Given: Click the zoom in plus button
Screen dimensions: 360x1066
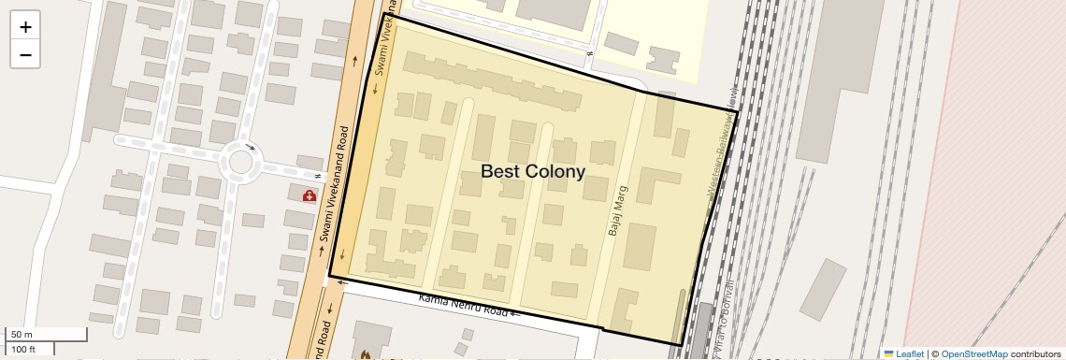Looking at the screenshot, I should point(25,27).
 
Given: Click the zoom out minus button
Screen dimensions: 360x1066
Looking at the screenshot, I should point(25,55).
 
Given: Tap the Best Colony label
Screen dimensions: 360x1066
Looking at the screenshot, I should point(532,171).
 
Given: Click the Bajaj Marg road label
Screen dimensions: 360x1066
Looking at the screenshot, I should point(617,210).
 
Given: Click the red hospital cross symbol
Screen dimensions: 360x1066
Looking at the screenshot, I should point(309,195).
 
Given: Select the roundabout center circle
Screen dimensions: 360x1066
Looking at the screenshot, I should point(240,162).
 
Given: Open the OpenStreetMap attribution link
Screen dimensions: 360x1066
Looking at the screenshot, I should point(973,353).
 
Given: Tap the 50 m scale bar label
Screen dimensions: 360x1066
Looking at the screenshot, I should point(21,335).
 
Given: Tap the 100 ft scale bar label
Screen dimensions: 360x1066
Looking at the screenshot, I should point(23,349).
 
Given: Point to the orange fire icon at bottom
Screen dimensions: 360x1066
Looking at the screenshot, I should point(367,355).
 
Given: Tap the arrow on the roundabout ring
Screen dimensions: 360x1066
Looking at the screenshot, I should point(250,147).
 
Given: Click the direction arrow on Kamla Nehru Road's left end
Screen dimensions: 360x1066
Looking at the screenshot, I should point(342,281).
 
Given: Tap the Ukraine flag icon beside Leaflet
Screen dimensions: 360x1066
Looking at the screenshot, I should point(888,353).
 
